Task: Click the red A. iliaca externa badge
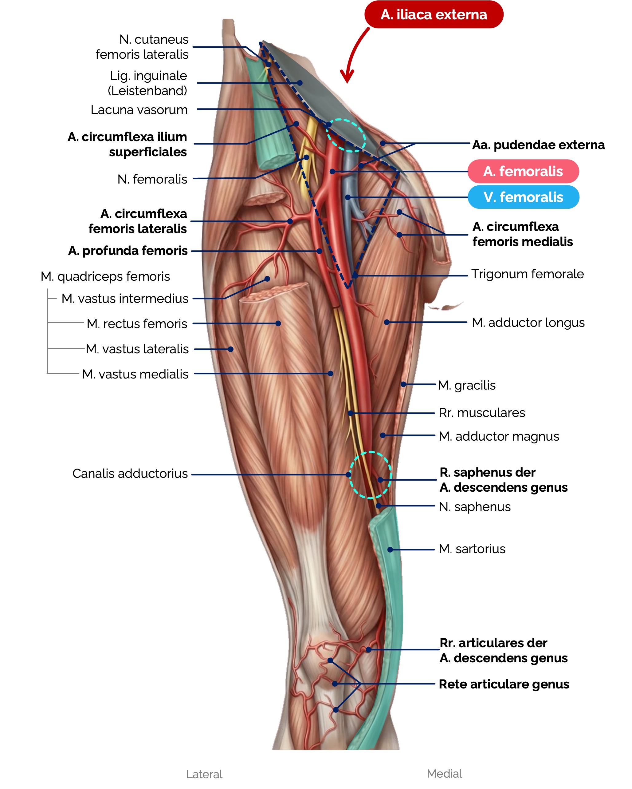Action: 434,15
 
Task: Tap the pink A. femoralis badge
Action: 523,171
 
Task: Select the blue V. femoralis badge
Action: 523,197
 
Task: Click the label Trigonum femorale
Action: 528,274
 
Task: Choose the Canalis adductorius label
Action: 130,474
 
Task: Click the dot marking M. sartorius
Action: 390,550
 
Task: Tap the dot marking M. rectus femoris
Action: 278,323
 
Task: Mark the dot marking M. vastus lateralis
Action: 231,349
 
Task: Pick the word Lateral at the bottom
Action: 204,774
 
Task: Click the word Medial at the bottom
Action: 444,774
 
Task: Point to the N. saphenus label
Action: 474,507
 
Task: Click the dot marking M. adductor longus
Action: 387,322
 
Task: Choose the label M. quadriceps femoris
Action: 105,277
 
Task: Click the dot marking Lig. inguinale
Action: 300,83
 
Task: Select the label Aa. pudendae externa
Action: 538,145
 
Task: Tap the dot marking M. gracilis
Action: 403,384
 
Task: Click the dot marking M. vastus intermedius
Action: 267,279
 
